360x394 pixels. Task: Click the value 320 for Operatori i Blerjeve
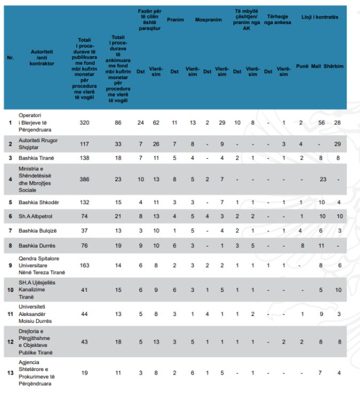85,123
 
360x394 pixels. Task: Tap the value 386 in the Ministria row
85,179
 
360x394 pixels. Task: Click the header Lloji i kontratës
319,17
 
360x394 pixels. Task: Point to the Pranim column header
175,19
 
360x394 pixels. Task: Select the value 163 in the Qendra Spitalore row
85,266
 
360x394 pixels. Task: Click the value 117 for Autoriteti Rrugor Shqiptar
85,143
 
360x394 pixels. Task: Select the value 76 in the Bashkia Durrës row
85,245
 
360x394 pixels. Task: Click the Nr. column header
10,57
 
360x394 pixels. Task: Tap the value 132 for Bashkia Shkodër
85,202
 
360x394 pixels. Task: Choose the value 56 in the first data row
322,123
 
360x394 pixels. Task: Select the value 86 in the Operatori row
118,123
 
